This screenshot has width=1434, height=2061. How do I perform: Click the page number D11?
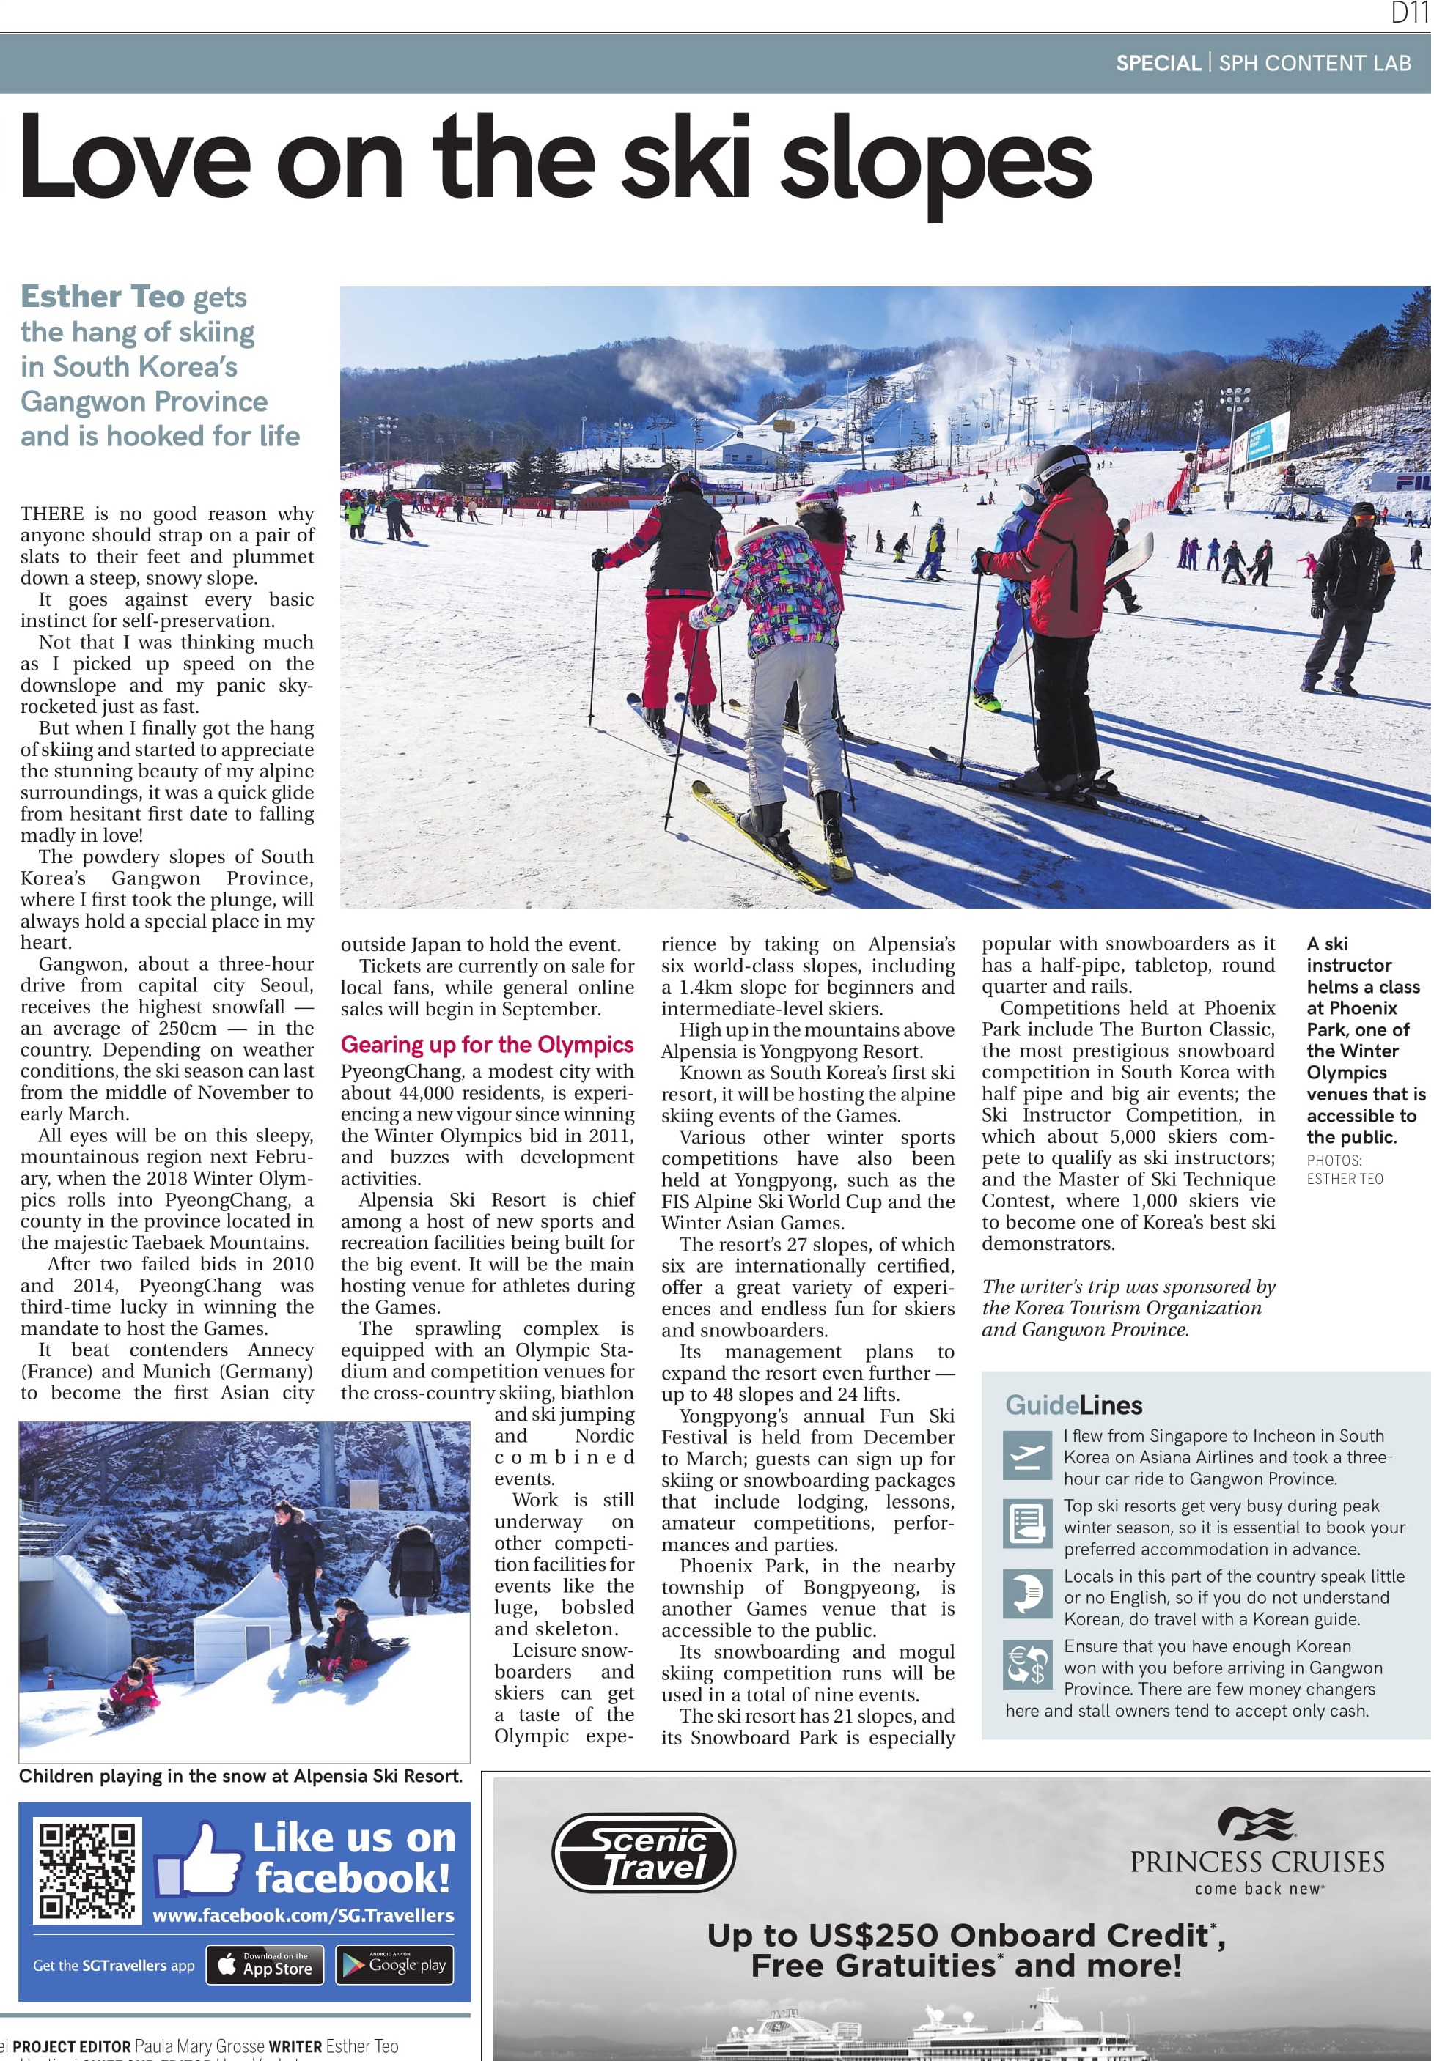coord(1408,12)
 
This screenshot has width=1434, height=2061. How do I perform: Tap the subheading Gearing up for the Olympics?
coord(487,1044)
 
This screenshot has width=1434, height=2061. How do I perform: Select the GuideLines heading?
coord(1073,1405)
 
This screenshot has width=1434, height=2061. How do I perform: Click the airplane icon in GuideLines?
coord(1026,1456)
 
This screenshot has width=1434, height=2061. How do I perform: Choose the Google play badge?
coord(394,1965)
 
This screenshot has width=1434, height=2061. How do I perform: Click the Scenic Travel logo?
coord(643,1853)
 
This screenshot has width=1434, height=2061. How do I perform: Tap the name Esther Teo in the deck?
coord(103,296)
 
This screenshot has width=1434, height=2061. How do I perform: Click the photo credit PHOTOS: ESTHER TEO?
coord(1345,1169)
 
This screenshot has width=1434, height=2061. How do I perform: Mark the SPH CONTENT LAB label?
coord(1314,63)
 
